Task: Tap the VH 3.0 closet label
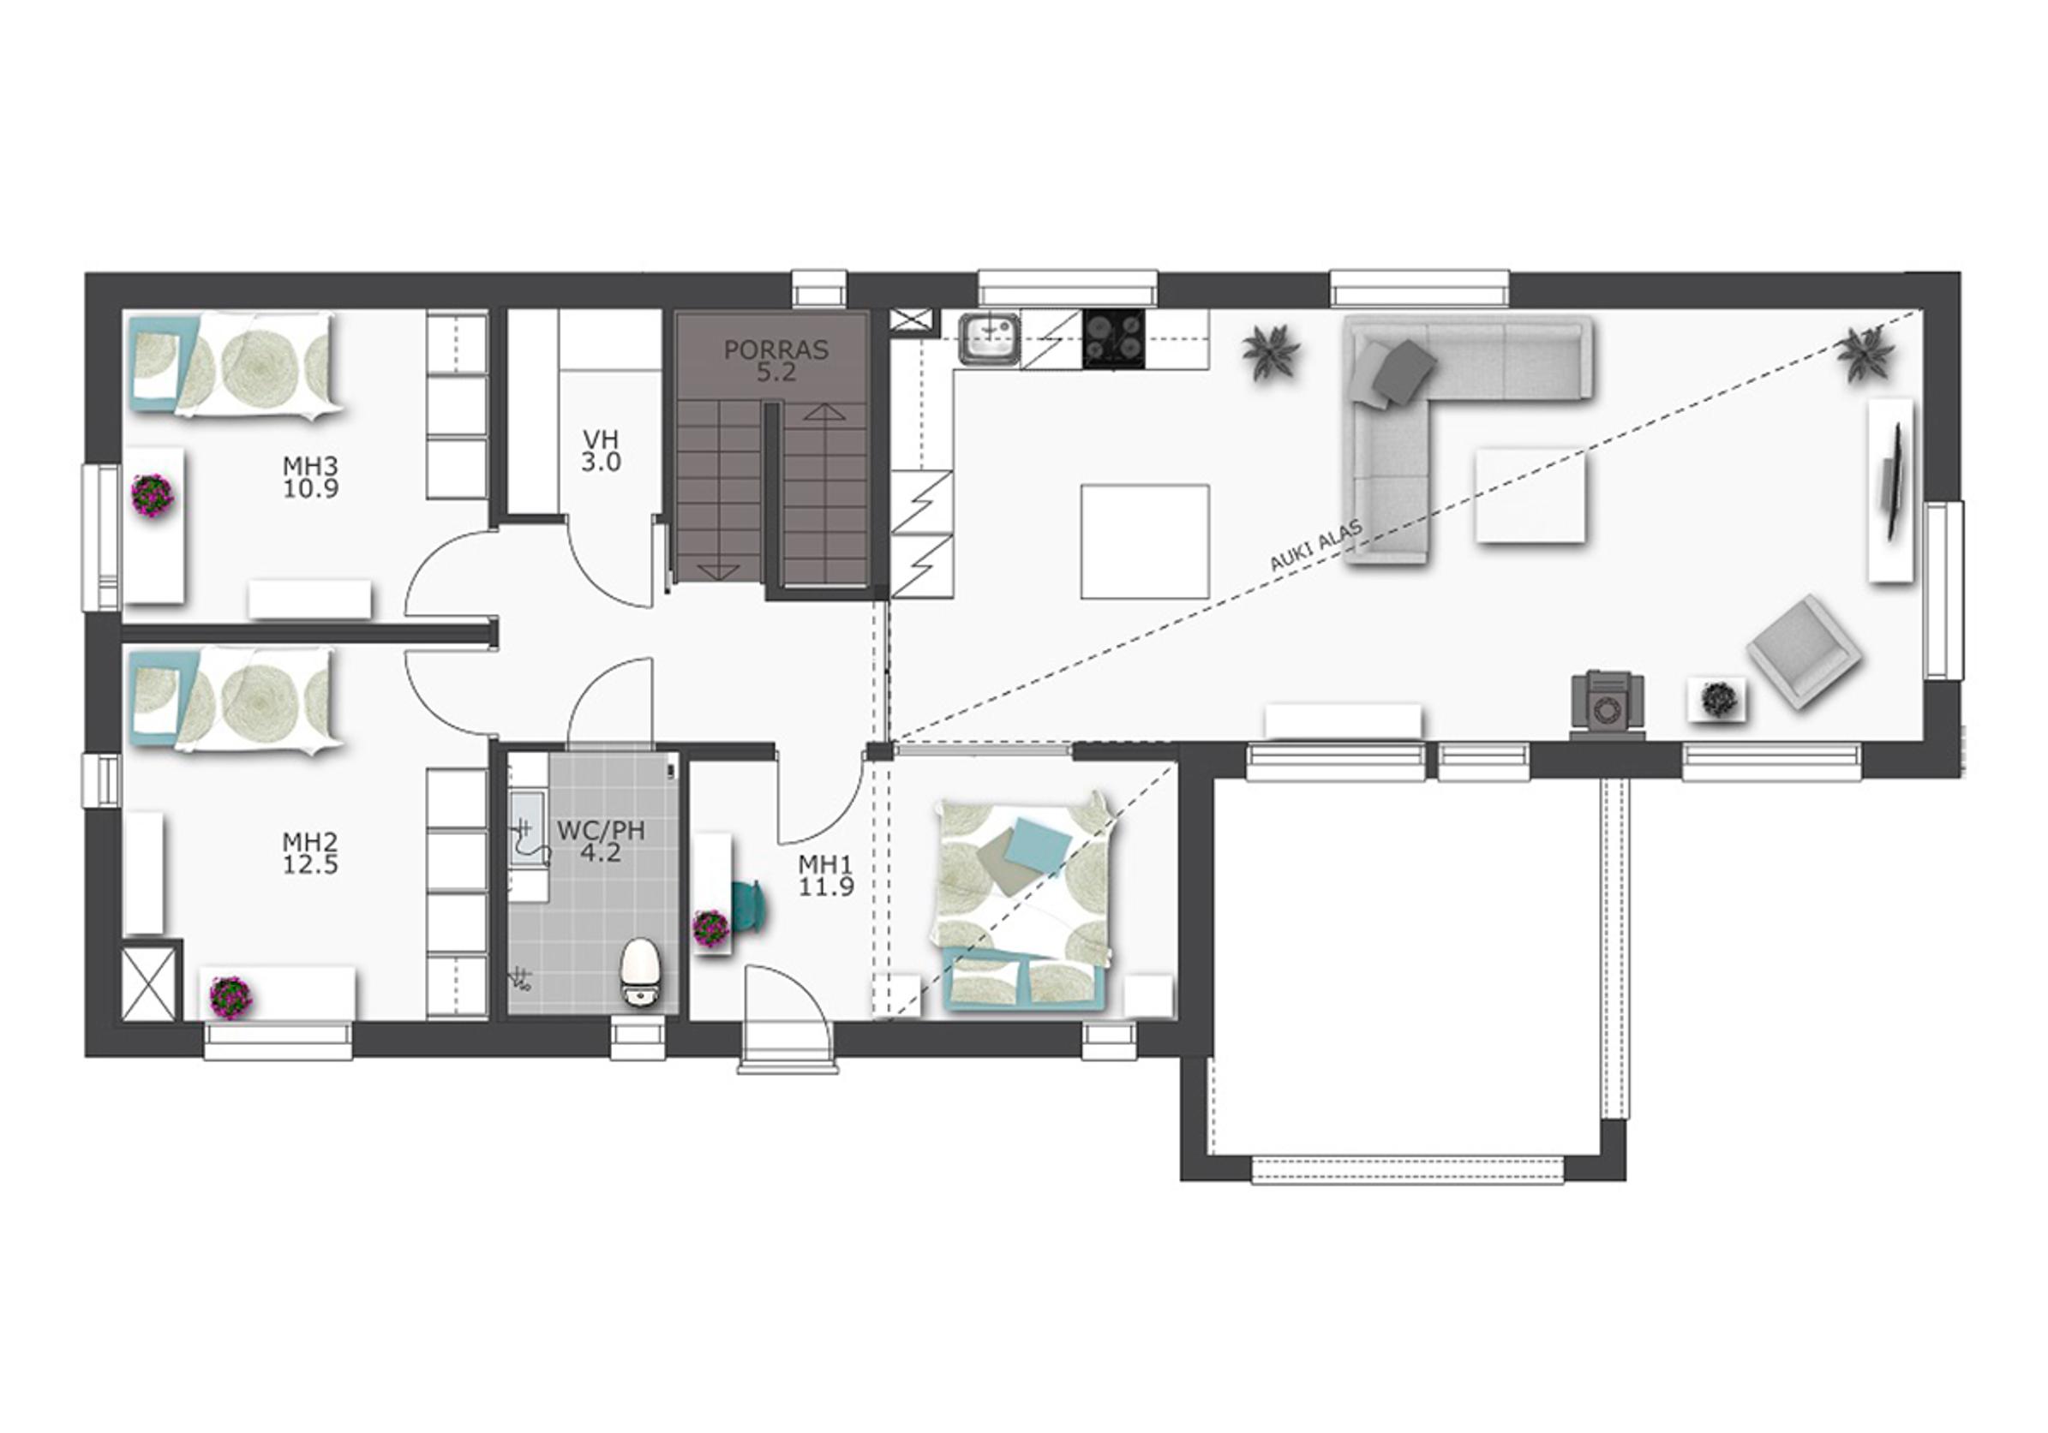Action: pos(602,451)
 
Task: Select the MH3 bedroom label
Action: pos(310,477)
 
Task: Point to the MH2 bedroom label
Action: pos(310,853)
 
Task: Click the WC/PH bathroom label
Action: pos(601,842)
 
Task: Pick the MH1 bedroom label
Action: pos(826,875)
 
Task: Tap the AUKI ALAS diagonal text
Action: pos(1315,546)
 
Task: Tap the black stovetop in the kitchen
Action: pos(1114,339)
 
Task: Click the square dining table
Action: pos(1146,541)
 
